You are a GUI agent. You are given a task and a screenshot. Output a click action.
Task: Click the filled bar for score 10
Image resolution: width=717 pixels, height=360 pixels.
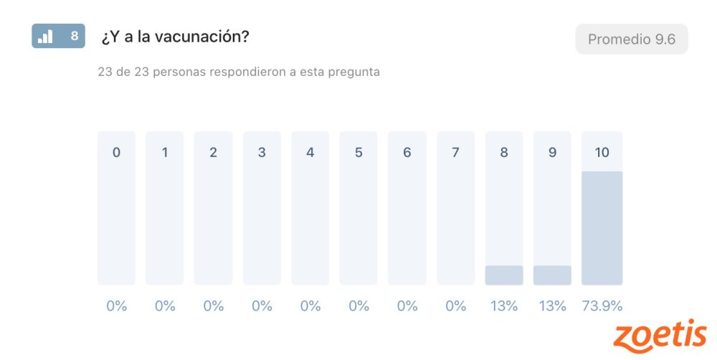[602, 228]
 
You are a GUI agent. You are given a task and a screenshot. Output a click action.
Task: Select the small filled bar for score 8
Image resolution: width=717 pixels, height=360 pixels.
[504, 275]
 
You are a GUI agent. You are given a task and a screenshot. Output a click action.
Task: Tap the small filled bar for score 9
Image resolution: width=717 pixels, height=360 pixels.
[552, 275]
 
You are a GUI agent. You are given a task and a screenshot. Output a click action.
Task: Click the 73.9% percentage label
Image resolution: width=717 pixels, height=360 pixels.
[602, 306]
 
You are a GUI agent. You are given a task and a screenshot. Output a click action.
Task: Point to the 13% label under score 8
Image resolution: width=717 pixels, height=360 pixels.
[504, 306]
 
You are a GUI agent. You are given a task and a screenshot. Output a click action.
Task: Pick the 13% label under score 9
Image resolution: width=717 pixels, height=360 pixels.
[552, 306]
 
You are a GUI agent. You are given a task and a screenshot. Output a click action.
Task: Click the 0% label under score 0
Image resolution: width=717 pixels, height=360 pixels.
[116, 306]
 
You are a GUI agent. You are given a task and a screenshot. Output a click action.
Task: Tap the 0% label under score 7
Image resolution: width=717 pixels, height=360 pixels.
[455, 306]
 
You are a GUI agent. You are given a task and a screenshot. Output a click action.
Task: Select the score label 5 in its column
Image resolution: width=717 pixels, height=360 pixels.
[358, 152]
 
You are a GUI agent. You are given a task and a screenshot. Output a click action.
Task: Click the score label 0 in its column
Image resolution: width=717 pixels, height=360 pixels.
[116, 152]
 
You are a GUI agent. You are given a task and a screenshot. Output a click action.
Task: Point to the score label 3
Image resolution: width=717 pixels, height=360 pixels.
[262, 152]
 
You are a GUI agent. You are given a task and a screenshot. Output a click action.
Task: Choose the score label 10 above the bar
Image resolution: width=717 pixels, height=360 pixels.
[602, 152]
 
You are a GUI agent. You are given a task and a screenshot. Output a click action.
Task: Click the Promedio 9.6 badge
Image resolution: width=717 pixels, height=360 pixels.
[632, 39]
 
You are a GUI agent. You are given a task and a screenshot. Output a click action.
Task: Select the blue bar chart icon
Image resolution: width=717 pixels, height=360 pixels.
[45, 36]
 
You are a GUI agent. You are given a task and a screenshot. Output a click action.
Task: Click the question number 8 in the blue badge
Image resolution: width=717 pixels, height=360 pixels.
[74, 36]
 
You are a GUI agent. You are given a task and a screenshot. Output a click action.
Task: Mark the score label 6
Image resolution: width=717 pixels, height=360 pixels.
[407, 152]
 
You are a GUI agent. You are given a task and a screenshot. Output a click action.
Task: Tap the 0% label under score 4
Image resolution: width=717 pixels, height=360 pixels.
[310, 306]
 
